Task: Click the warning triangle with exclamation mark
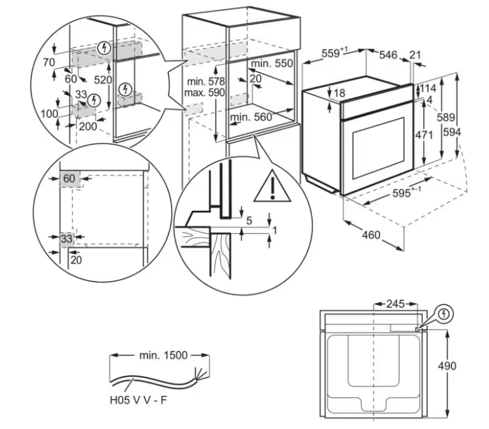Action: coord(272,186)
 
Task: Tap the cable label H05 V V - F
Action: coord(138,400)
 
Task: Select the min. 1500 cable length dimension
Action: coord(163,355)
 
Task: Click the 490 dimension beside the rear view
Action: coord(447,366)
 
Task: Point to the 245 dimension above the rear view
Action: coord(396,304)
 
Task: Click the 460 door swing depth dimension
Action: coord(371,234)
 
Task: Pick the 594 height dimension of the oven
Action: coord(452,133)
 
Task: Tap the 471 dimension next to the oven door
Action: coord(424,135)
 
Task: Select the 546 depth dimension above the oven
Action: coord(388,56)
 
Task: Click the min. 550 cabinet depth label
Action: coord(272,63)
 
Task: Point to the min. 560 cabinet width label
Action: coord(251,118)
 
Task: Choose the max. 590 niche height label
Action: coord(204,93)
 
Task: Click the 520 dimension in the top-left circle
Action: coord(103,80)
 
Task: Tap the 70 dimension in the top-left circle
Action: coord(49,63)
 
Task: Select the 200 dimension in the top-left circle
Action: coord(88,127)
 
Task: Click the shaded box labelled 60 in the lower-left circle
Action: coord(70,178)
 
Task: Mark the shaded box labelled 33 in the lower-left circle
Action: coord(67,239)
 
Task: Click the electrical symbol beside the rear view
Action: coord(444,314)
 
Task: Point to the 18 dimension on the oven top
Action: coord(339,93)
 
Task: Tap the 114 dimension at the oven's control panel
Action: coord(428,88)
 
